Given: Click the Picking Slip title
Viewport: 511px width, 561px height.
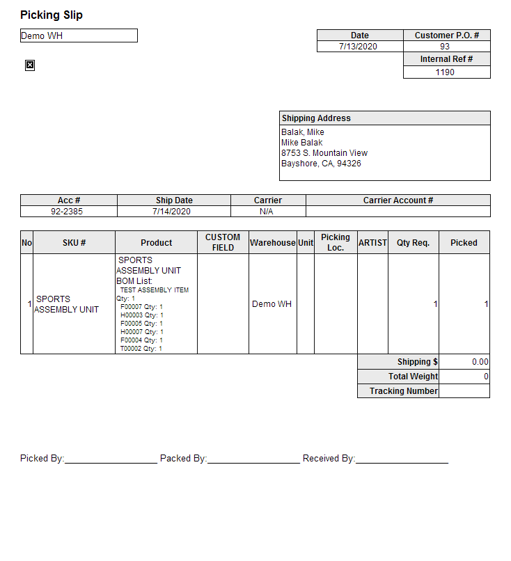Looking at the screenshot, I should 52,15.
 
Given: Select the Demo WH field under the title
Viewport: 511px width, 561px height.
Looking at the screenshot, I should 79,35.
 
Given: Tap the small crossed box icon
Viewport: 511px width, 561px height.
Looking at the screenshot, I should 30,65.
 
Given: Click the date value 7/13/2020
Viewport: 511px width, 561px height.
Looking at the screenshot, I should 359,47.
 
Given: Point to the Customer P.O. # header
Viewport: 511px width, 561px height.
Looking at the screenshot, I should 446,35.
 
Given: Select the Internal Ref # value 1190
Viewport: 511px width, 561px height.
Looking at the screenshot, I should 446,72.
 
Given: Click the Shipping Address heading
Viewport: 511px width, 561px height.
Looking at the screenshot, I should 316,118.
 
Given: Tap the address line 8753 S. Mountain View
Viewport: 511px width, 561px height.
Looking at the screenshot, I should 324,153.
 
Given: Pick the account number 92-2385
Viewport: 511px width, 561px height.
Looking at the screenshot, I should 68,212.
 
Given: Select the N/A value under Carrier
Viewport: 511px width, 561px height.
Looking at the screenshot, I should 267,212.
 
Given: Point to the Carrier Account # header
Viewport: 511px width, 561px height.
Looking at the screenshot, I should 398,200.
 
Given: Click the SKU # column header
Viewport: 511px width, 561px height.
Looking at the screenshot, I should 74,243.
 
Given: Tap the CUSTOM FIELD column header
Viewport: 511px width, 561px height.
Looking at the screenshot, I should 223,242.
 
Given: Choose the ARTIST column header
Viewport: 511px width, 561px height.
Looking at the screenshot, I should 372,243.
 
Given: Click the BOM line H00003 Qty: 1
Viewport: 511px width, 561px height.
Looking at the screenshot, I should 142,315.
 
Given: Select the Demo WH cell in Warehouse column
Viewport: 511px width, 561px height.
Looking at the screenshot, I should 272,304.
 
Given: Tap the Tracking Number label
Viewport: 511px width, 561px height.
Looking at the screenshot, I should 404,391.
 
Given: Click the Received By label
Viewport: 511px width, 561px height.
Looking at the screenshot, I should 329,459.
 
